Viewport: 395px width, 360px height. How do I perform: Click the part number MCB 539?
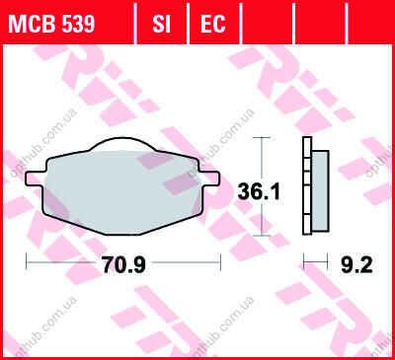(x=51, y=24)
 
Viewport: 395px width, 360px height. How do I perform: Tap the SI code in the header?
(x=161, y=24)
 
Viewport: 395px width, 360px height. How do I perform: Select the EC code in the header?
(x=213, y=24)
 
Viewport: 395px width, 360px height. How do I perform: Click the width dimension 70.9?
(x=123, y=264)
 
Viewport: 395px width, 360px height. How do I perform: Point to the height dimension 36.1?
(x=259, y=191)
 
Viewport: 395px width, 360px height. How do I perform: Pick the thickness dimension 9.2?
(x=356, y=264)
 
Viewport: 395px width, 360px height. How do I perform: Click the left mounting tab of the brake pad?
(x=35, y=178)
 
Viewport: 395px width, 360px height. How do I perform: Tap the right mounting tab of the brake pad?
(x=209, y=178)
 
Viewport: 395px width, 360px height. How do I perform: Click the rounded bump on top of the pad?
(x=122, y=143)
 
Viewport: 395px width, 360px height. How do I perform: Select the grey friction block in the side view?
(x=320, y=190)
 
